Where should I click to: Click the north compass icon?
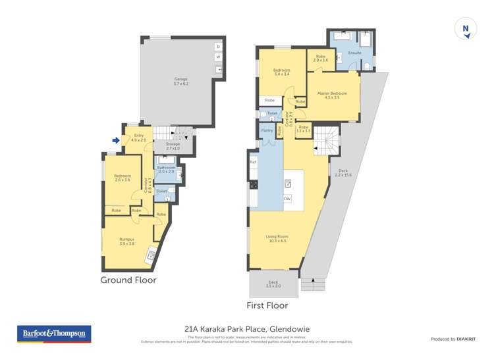[x=466, y=29]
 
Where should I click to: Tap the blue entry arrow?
[x=116, y=140]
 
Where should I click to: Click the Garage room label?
[x=180, y=82]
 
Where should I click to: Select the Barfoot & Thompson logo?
[x=54, y=334]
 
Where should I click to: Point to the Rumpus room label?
[x=127, y=242]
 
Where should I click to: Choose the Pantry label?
[x=267, y=130]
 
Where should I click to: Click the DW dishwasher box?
[x=287, y=198]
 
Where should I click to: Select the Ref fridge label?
[x=252, y=161]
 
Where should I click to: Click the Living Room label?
[x=277, y=238]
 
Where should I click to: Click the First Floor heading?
[x=267, y=305]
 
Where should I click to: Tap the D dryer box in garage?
[x=218, y=47]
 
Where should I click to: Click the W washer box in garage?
[x=218, y=57]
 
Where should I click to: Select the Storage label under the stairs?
[x=173, y=146]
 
